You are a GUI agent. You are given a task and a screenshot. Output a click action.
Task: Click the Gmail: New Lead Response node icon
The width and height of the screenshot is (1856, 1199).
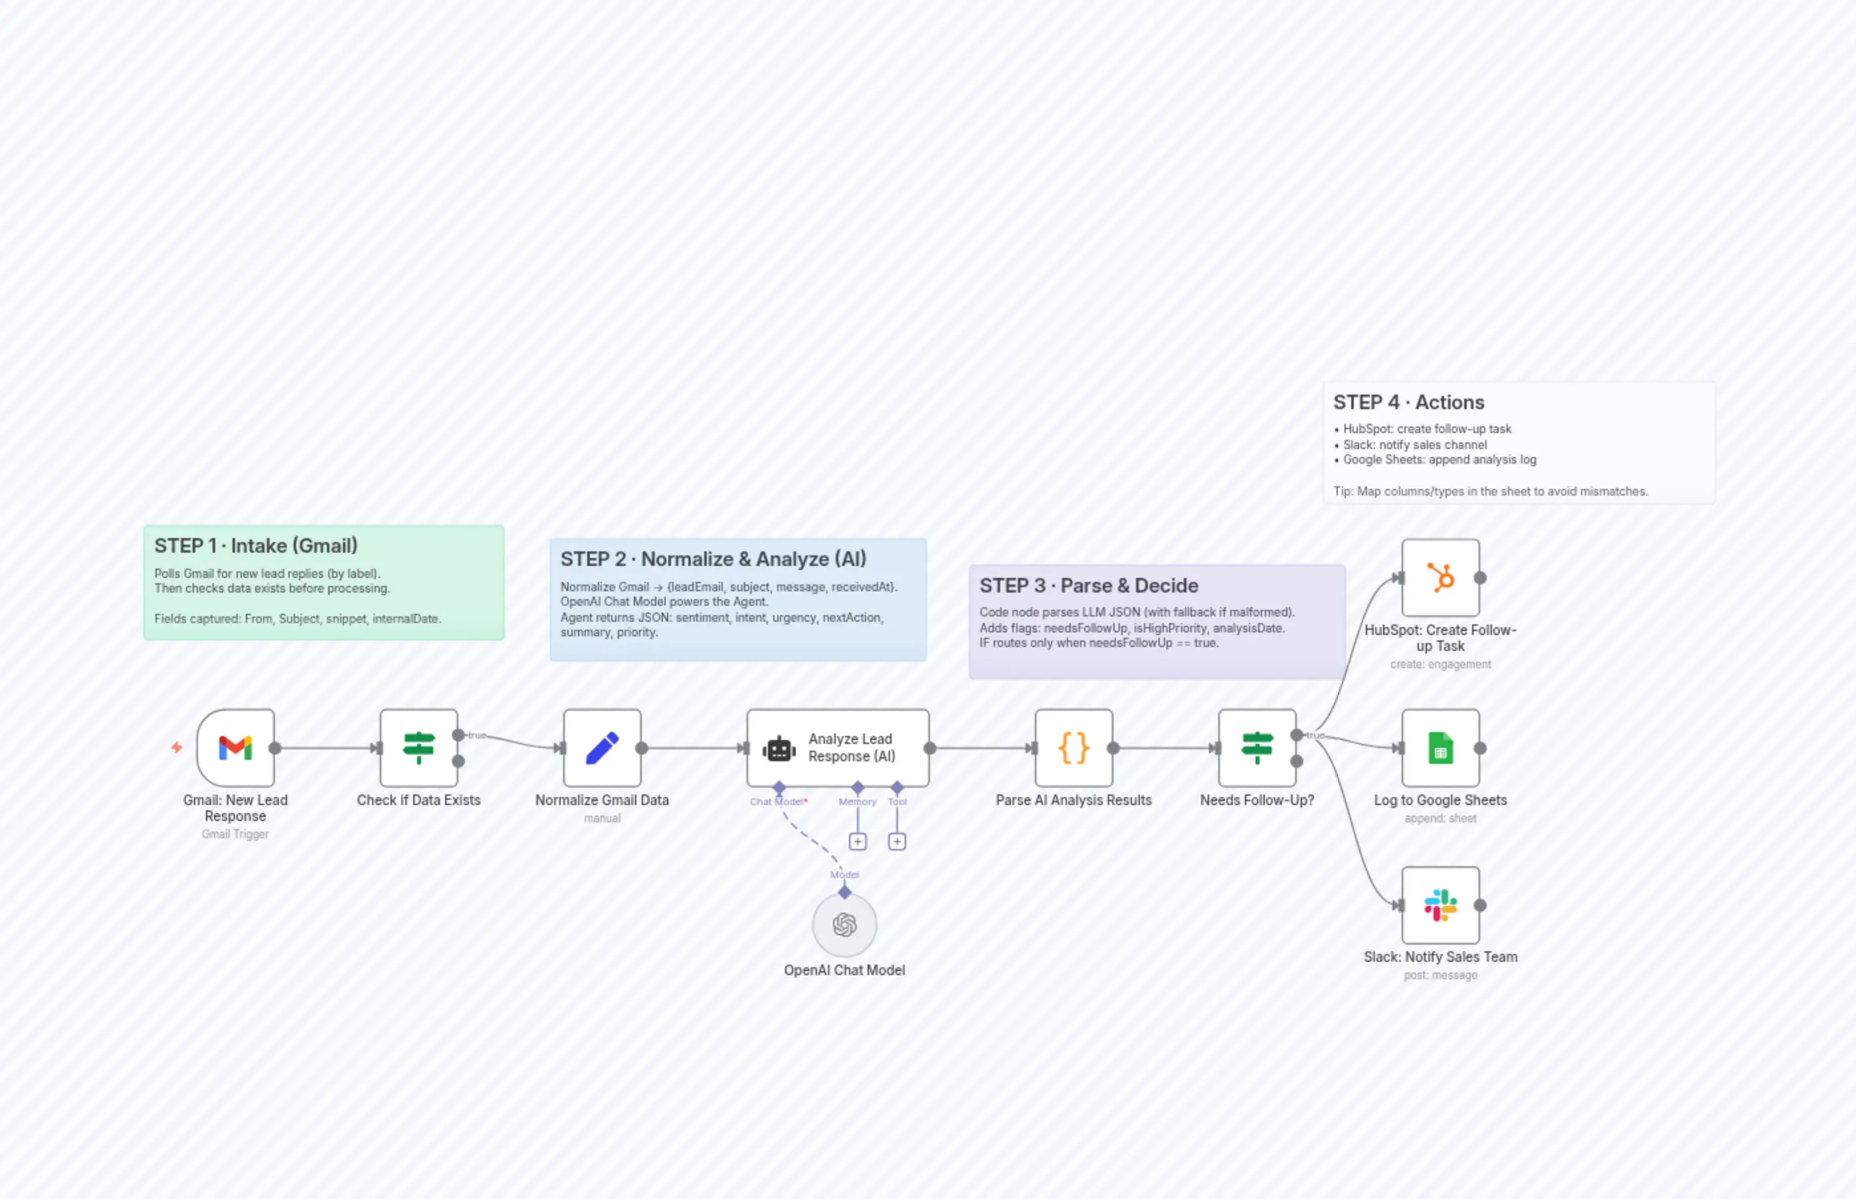(235, 747)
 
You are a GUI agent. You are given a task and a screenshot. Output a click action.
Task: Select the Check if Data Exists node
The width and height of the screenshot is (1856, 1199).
(419, 747)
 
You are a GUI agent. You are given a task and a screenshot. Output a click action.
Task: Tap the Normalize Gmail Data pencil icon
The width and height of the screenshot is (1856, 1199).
(602, 747)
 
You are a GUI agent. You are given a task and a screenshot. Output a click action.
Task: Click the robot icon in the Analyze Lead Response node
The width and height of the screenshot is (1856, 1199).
(779, 749)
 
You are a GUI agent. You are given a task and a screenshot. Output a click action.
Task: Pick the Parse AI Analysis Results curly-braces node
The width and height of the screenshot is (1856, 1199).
(1073, 747)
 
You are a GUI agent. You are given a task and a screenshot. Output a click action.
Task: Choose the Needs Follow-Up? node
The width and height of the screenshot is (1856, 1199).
(1257, 747)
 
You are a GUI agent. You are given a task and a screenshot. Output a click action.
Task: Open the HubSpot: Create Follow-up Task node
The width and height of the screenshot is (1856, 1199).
(1440, 578)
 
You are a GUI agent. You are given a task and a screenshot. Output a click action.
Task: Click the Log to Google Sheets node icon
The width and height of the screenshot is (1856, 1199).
(1440, 747)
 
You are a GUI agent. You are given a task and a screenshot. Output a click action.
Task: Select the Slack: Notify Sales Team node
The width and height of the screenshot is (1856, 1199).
(1440, 905)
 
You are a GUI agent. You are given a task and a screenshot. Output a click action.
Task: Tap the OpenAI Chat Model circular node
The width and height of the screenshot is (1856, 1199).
(845, 925)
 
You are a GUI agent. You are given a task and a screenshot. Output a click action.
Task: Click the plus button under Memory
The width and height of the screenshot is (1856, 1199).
(857, 842)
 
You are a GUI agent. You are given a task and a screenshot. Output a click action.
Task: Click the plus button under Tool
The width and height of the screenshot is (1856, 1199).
(897, 842)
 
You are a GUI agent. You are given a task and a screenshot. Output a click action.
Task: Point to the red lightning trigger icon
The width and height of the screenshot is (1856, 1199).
(177, 747)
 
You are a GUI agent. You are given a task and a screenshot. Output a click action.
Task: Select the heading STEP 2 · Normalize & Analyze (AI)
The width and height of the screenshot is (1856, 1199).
(713, 559)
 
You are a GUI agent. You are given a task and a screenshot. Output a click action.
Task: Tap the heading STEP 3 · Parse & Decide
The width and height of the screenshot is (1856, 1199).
(1088, 585)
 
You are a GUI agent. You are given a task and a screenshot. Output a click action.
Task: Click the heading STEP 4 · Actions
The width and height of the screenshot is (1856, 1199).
(1408, 403)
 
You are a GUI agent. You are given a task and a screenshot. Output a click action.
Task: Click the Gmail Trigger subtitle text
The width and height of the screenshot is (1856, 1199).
(235, 834)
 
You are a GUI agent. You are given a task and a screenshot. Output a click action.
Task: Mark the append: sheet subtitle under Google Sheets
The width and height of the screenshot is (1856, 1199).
(1440, 818)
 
